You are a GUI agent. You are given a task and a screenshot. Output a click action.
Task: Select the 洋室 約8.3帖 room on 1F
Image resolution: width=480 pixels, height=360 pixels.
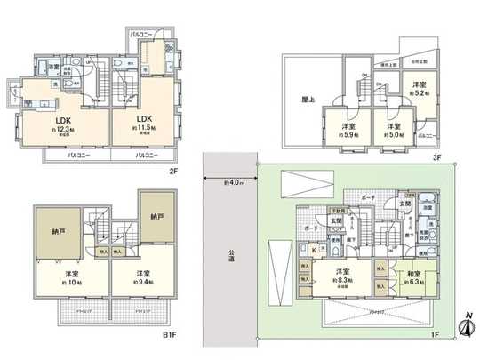(341, 276)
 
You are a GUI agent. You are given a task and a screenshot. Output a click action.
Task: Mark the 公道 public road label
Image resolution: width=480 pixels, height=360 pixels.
(228, 255)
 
